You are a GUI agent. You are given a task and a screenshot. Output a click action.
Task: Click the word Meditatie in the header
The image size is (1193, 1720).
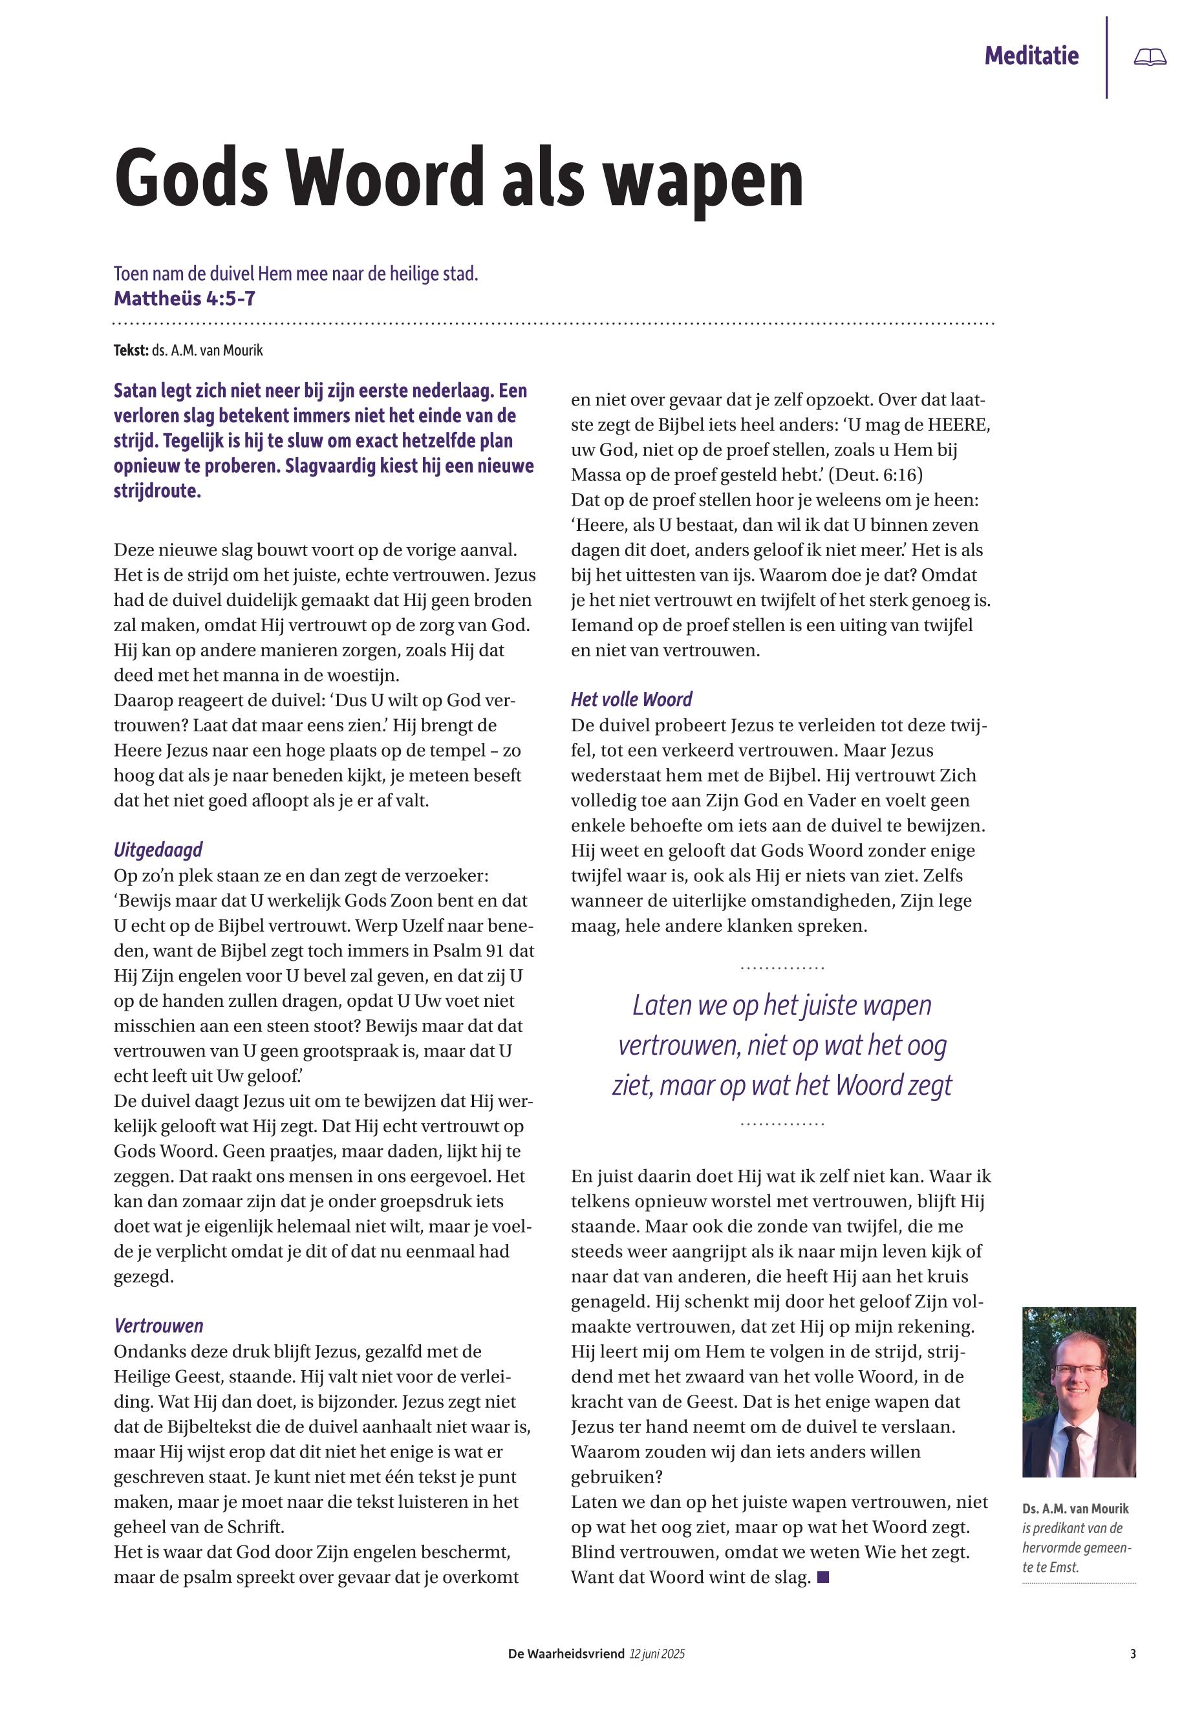[1031, 56]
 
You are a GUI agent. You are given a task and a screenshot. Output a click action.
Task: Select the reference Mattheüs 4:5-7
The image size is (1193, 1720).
[185, 299]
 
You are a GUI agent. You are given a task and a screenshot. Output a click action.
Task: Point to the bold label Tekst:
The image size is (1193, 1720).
[131, 350]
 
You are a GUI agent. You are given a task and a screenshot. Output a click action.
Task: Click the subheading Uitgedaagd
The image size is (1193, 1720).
[158, 850]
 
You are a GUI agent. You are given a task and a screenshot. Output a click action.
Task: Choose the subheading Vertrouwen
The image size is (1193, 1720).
[158, 1326]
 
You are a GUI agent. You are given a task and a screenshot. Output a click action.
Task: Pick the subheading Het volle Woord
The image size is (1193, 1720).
[631, 700]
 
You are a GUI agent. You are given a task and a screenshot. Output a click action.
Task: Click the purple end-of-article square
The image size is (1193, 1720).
[824, 1577]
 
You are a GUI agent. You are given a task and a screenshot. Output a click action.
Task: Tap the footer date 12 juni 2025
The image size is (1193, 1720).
[657, 1654]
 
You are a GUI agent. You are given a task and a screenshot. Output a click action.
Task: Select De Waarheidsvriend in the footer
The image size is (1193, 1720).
[565, 1654]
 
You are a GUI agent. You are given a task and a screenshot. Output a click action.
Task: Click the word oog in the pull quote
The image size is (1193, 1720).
[926, 1046]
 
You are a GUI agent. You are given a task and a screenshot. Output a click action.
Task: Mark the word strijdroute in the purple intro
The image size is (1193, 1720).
[157, 492]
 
